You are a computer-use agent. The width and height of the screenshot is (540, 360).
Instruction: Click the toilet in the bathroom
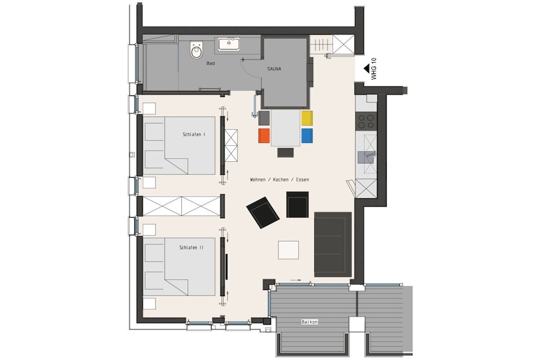coord(197,50)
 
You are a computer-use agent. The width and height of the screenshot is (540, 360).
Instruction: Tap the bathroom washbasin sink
coord(229,44)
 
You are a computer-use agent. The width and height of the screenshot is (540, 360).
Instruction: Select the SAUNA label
coord(274,69)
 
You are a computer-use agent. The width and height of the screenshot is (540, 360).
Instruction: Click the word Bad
coord(210,63)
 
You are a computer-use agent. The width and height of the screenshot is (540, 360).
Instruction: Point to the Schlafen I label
coord(194,134)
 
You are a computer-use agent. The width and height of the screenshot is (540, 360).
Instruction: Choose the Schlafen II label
coord(191,247)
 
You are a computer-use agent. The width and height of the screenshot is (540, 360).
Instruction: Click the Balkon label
coord(309,322)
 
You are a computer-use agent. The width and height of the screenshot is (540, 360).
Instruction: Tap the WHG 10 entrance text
coord(374,69)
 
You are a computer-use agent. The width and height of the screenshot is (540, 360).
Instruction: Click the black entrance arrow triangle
coord(367,69)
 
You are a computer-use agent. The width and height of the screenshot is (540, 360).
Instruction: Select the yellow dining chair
coord(307,118)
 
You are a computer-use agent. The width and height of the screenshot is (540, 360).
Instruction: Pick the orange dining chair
coord(264,135)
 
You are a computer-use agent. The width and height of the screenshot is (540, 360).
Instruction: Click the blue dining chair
coord(307,135)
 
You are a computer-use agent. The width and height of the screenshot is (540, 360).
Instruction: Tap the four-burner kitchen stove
coord(366,121)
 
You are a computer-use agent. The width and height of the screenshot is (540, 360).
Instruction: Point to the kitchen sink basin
coord(365,157)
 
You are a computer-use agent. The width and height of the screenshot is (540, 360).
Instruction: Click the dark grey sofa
coord(333,245)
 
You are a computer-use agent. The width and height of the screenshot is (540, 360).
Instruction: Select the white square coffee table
coord(288,250)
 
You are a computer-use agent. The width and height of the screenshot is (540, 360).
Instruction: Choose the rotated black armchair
coord(263,212)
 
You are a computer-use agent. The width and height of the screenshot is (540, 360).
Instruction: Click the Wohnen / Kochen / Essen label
coord(279,180)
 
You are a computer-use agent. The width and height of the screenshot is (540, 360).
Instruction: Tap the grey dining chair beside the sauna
coord(264,118)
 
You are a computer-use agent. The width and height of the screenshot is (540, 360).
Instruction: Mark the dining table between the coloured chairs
coord(285,128)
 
